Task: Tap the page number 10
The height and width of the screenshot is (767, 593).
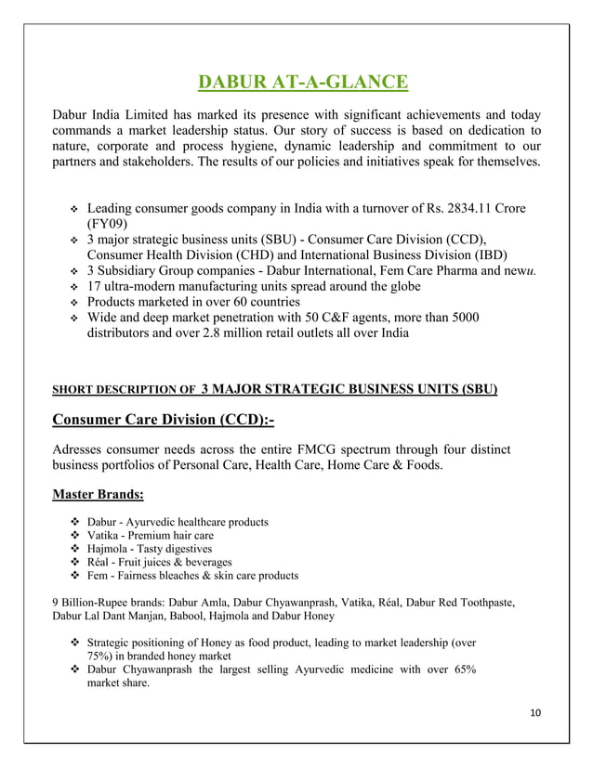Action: (x=533, y=711)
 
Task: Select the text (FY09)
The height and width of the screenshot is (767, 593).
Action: (x=108, y=224)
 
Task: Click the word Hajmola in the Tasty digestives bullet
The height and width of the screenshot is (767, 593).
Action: (x=109, y=549)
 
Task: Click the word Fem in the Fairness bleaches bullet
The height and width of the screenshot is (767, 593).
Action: (x=99, y=575)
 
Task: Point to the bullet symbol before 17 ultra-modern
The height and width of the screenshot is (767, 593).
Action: (x=72, y=287)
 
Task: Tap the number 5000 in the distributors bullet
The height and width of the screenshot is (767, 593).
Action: (x=462, y=318)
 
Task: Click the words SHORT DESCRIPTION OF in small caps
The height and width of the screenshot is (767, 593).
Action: (x=123, y=390)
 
